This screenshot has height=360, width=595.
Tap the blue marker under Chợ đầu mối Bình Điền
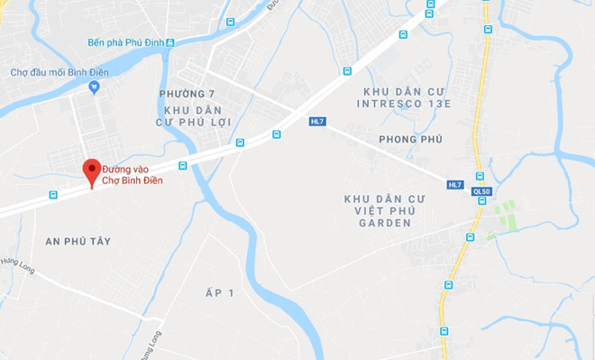pos(95,88)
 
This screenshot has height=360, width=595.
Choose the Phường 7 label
pos(187,94)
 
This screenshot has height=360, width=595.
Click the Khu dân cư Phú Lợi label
pos(193,115)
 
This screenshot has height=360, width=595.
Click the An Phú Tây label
pos(77,241)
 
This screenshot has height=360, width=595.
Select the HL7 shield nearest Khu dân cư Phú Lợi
pos(316,120)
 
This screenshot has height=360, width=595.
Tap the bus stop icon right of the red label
pos(183,165)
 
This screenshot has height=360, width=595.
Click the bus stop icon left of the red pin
pos(53,194)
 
